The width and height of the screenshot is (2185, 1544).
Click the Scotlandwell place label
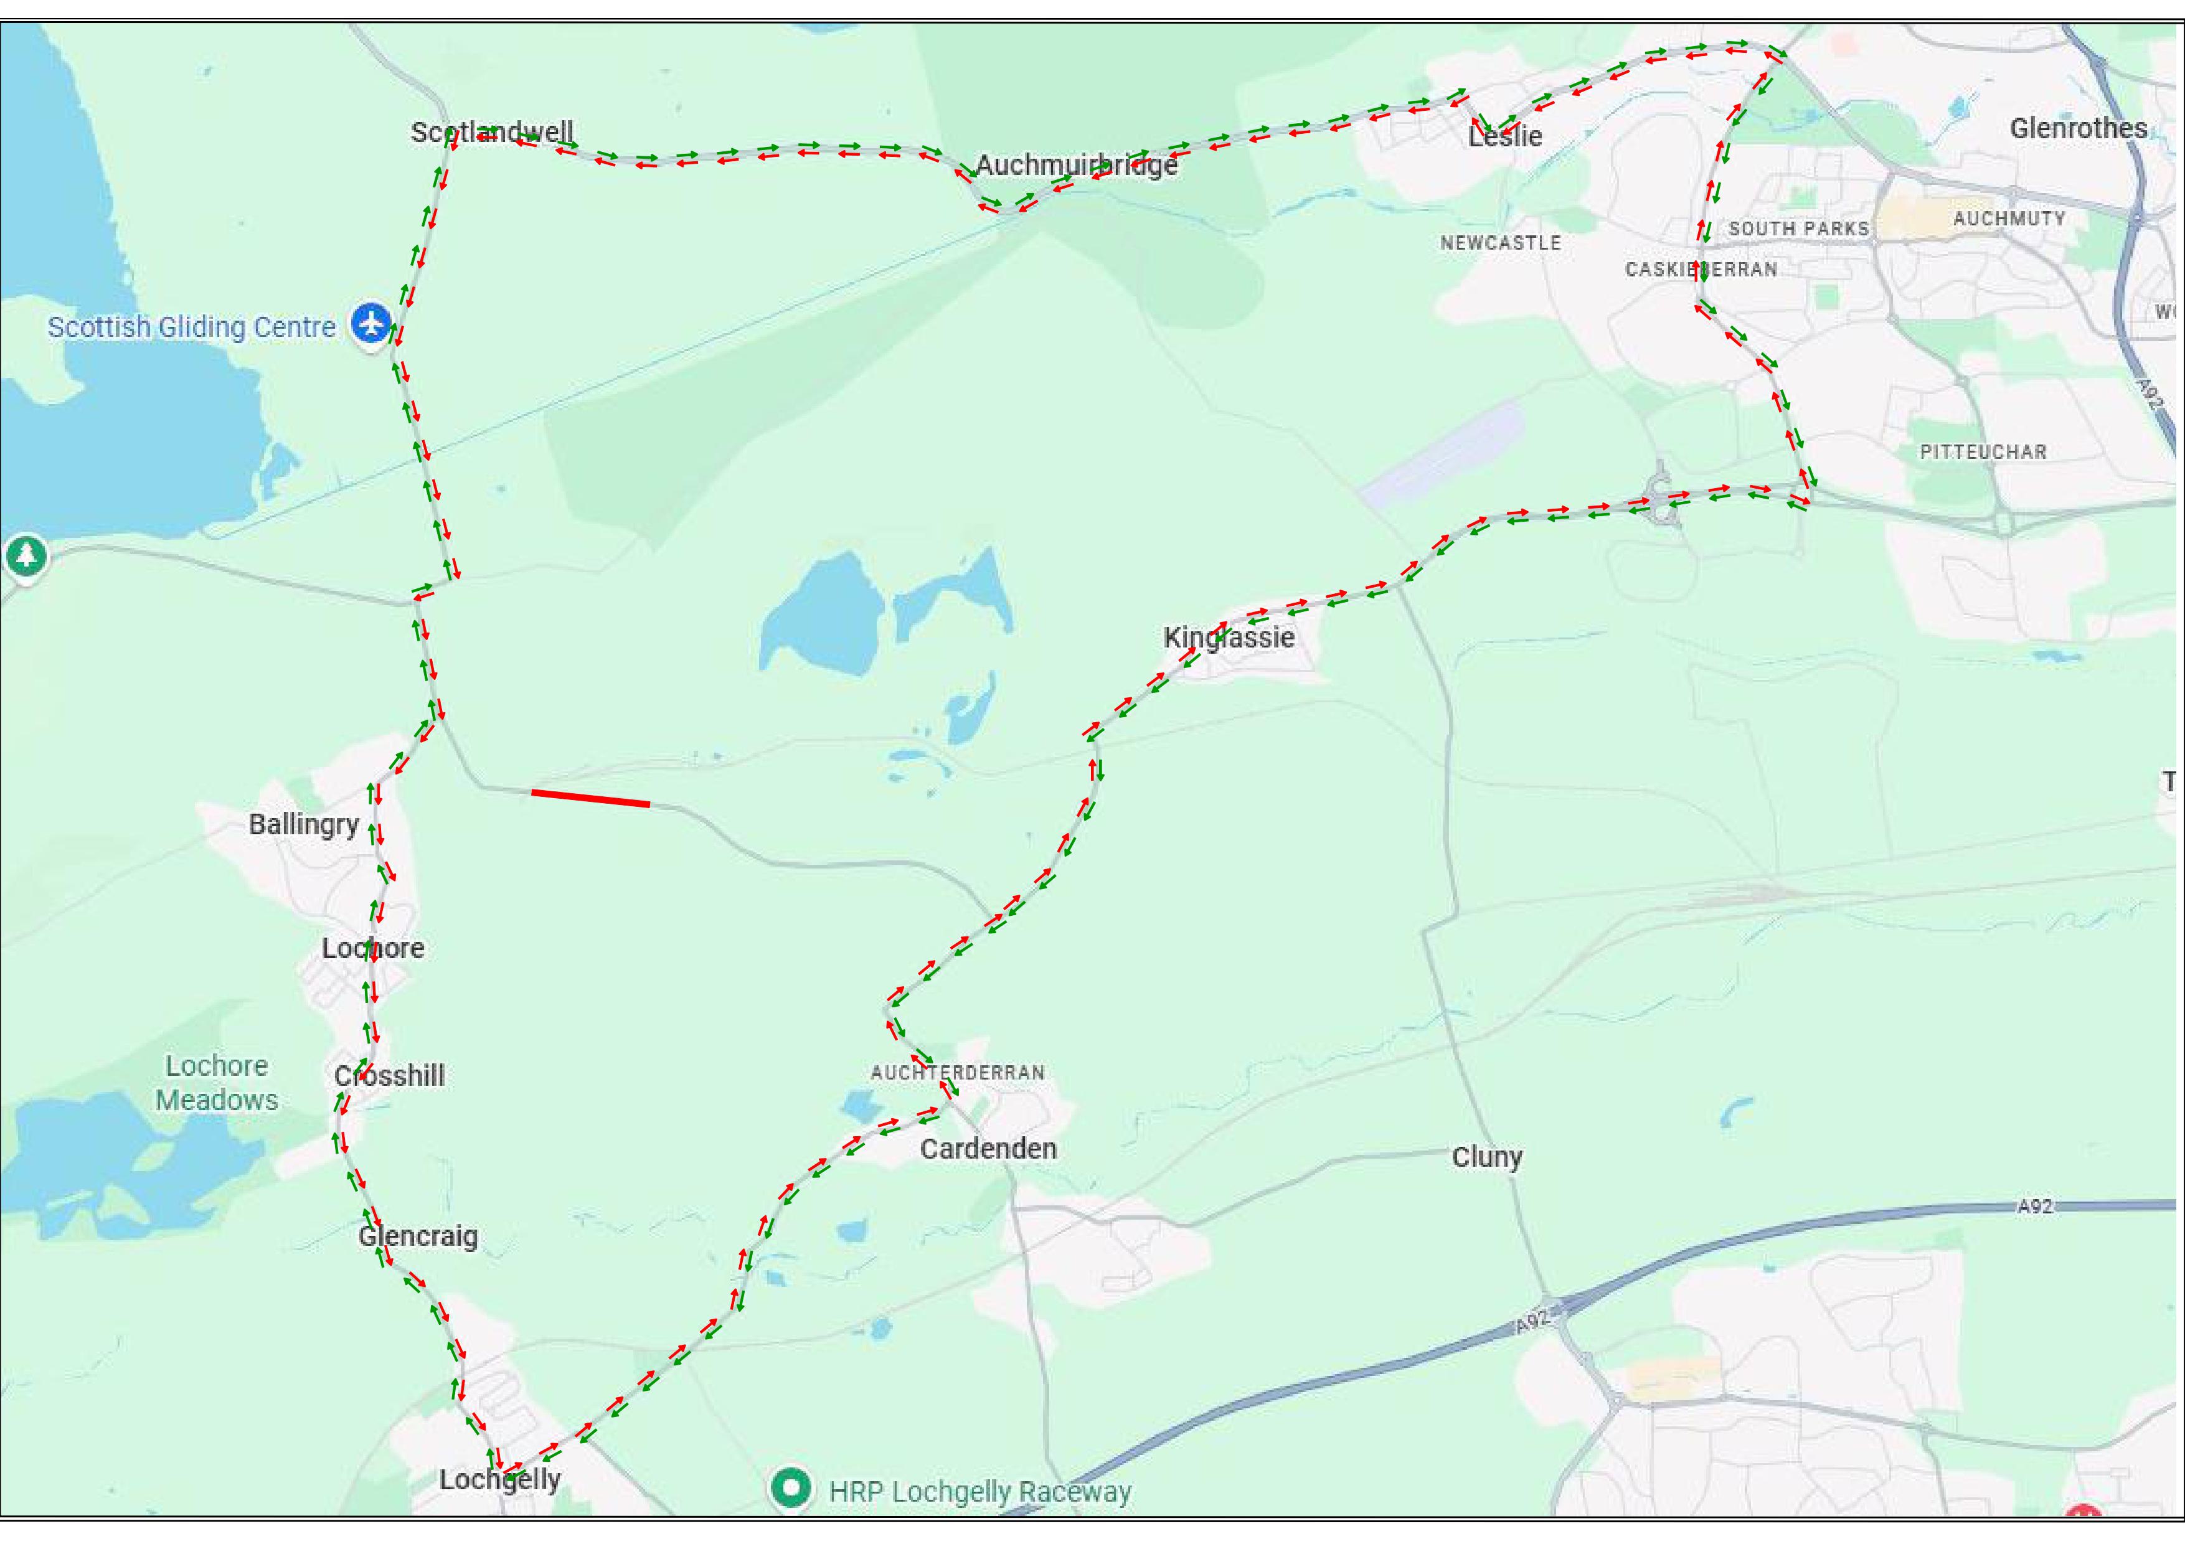[x=491, y=132]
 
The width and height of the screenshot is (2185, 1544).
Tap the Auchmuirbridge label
[x=1077, y=166]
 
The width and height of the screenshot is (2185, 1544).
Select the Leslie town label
[x=1504, y=136]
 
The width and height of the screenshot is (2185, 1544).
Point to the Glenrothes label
[x=2077, y=128]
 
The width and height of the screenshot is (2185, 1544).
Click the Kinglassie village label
[x=1229, y=638]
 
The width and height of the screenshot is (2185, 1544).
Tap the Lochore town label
[x=373, y=948]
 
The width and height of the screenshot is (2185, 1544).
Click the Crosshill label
[x=389, y=1076]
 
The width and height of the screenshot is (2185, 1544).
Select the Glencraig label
[x=418, y=1236]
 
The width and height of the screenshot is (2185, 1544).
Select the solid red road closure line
[x=590, y=798]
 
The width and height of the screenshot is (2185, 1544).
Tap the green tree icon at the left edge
[x=26, y=555]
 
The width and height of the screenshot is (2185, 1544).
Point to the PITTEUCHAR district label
[x=1982, y=452]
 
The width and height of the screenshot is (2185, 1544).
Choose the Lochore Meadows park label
[x=217, y=1083]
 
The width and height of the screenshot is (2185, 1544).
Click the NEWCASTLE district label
[x=1500, y=243]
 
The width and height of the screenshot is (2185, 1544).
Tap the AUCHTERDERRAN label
[x=957, y=1072]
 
